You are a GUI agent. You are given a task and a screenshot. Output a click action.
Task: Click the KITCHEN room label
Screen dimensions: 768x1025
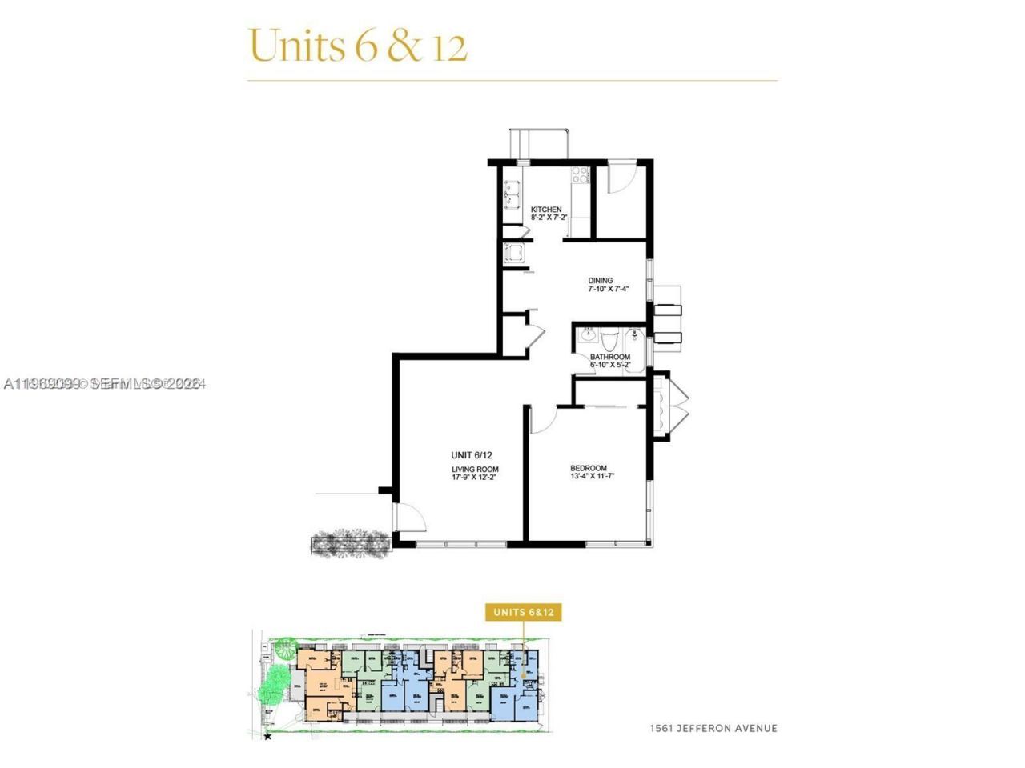tap(546, 210)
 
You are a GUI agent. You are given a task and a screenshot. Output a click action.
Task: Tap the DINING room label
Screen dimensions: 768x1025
tap(600, 281)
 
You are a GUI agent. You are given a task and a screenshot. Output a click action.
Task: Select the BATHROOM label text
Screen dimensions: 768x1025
tap(609, 357)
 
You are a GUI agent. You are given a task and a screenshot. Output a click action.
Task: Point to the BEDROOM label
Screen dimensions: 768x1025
tap(588, 469)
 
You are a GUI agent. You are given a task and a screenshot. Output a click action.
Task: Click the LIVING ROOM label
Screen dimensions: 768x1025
tap(475, 470)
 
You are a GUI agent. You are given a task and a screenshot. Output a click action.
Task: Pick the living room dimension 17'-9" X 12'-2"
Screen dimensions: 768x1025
tap(475, 478)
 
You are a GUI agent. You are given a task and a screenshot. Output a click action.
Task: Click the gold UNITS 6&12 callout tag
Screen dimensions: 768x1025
tap(523, 613)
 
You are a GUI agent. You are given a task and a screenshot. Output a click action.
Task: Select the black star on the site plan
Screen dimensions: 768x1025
tap(267, 736)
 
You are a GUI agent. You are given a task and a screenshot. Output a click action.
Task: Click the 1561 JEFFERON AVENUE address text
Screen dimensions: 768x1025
tap(713, 728)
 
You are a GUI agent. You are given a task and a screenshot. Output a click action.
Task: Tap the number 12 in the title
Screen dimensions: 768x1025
tap(449, 47)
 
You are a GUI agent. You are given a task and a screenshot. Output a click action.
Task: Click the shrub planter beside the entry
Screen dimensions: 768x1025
tap(350, 543)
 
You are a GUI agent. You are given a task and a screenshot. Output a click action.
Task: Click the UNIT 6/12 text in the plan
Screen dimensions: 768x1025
tap(472, 455)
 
